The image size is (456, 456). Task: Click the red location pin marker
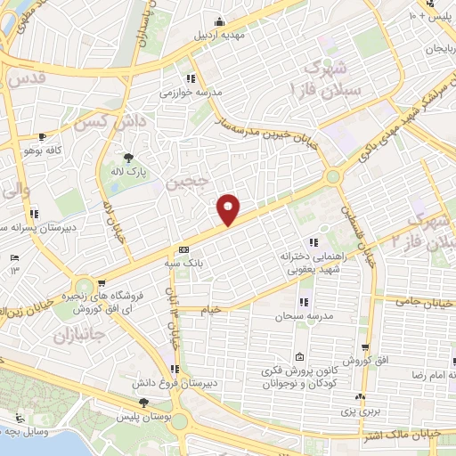point(229,210)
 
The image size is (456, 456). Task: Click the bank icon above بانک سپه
point(183,249)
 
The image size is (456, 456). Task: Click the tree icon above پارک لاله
point(130,156)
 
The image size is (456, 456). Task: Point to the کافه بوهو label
point(41,151)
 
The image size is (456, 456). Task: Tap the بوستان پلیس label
point(144,416)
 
